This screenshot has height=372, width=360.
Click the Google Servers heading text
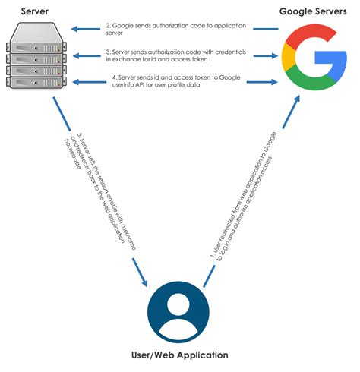(x=312, y=11)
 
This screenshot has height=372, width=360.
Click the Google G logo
(x=314, y=57)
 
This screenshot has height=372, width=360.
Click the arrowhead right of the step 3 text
(x=272, y=55)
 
